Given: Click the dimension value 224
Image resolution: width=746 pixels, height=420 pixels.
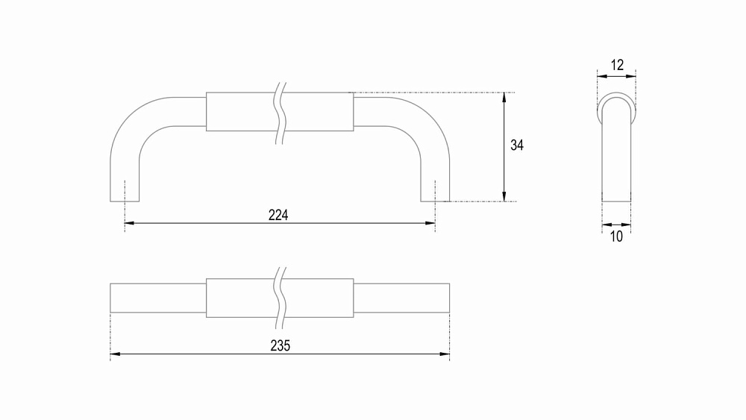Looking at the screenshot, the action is point(278,215).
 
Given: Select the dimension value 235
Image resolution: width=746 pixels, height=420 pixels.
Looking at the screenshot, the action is point(280,346).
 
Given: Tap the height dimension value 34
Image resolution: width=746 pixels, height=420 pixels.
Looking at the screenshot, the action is point(517,145).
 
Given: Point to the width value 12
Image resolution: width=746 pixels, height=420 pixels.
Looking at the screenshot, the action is point(617,65).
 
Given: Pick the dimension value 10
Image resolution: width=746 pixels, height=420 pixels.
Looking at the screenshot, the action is point(616,236).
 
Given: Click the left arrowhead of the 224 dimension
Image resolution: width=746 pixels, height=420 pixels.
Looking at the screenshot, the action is point(129,222).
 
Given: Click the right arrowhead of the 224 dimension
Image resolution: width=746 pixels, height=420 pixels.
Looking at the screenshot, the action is point(430,222).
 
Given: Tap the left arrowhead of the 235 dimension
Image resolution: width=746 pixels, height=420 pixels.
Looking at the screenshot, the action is point(115,354).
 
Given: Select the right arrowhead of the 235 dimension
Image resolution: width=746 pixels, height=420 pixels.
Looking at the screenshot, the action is point(445,354).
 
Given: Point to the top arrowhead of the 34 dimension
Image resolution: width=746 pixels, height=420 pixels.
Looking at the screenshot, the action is point(504,97).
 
